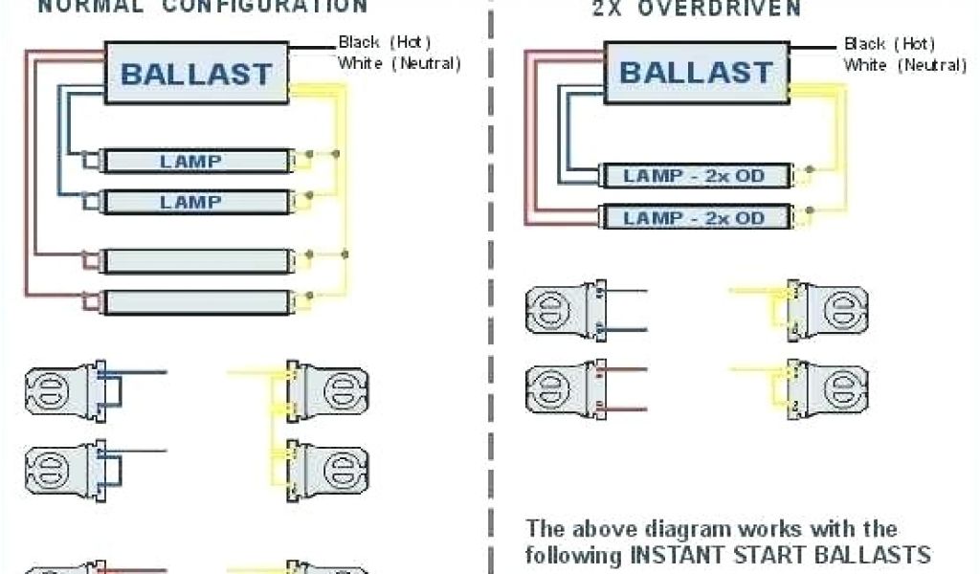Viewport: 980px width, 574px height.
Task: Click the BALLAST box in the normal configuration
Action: click(x=195, y=74)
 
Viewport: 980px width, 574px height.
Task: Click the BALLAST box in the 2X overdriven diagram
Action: click(x=696, y=72)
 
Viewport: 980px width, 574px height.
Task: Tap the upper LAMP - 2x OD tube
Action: click(x=696, y=176)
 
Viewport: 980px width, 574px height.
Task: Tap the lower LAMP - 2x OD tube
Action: click(x=696, y=218)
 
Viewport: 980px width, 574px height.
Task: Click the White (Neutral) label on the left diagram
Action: click(x=399, y=64)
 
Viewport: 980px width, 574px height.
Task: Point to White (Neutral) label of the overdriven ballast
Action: click(x=904, y=65)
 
